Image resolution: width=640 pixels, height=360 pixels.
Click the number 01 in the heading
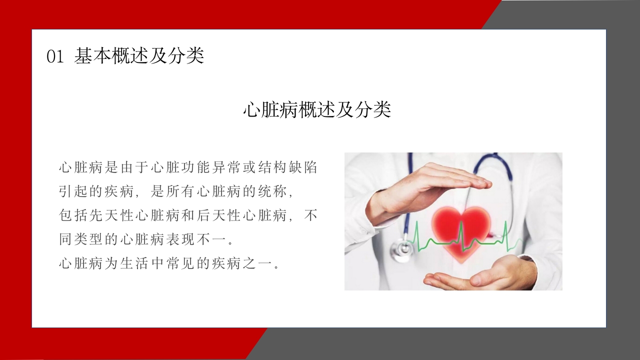55,56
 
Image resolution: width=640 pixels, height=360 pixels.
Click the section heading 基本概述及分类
139,56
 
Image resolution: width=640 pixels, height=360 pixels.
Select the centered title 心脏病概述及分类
317,110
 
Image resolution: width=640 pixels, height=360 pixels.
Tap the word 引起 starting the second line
73,192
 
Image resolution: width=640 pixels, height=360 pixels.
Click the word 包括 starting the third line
73,216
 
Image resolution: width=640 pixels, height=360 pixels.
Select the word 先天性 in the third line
112,216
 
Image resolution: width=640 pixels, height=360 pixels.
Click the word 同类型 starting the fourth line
81,239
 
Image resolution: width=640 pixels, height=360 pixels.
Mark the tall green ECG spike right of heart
506,232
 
